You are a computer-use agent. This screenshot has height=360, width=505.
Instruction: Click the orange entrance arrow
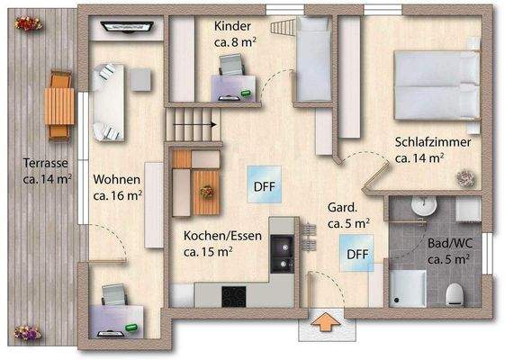[325, 320]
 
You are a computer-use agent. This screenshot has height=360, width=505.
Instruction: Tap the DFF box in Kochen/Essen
[264, 187]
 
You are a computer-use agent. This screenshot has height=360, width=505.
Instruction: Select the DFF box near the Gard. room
[358, 253]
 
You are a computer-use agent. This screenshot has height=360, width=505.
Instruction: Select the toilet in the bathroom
[455, 292]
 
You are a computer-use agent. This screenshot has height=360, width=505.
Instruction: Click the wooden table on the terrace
[59, 104]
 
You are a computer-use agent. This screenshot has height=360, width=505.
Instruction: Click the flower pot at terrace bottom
[27, 332]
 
